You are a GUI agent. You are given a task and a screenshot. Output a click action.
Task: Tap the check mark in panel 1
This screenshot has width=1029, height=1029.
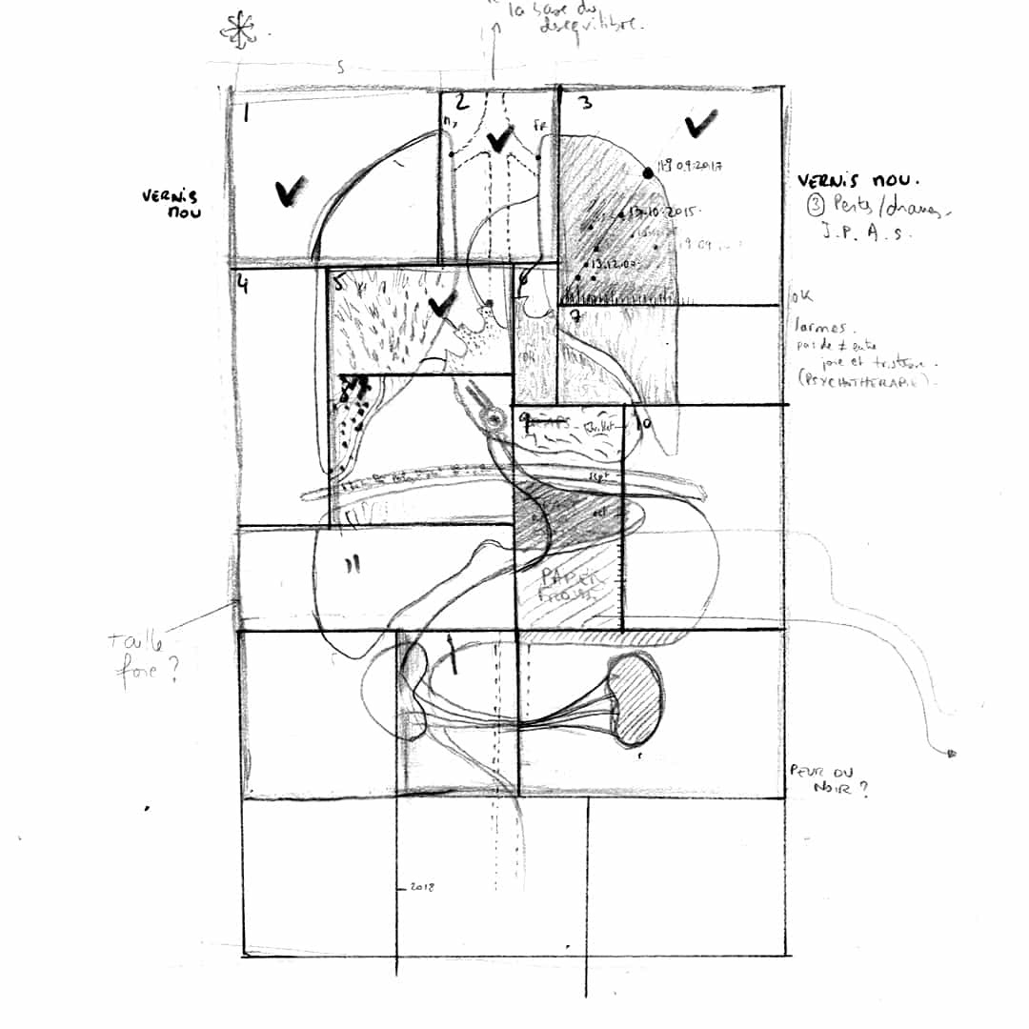[x=289, y=192]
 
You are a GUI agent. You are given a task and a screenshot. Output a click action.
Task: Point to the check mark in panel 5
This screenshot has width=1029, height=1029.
[x=439, y=306]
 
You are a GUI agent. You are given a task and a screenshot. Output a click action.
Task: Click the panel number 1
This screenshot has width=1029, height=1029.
[x=247, y=114]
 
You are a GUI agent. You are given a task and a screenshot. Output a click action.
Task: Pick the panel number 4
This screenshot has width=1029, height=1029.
[x=244, y=284]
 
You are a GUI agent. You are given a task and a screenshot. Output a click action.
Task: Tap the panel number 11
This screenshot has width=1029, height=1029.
[x=353, y=565]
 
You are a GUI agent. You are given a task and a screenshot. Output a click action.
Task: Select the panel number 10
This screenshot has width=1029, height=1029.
[x=644, y=423]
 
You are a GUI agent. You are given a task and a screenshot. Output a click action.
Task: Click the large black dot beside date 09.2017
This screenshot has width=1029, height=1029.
[x=649, y=172]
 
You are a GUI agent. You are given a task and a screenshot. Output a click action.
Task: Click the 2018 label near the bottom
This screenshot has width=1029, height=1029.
[x=420, y=887]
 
